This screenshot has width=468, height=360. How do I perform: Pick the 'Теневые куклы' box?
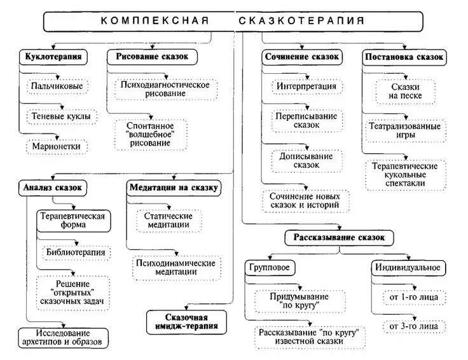pyautogui.click(x=61, y=116)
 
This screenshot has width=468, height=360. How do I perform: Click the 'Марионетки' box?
pyautogui.click(x=57, y=147)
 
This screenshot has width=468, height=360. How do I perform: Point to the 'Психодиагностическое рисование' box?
pyautogui.click(x=165, y=88)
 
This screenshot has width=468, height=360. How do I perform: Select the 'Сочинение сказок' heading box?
pyautogui.click(x=302, y=57)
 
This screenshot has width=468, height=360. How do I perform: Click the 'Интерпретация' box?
pyautogui.click(x=306, y=86)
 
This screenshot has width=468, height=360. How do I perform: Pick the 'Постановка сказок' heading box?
pyautogui.click(x=404, y=57)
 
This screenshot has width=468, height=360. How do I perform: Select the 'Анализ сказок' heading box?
pyautogui.click(x=52, y=188)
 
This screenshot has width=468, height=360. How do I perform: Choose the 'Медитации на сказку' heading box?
pyautogui.click(x=174, y=188)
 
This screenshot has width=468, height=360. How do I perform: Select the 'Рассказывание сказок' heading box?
pyautogui.click(x=340, y=238)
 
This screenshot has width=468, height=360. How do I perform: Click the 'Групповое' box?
pyautogui.click(x=269, y=267)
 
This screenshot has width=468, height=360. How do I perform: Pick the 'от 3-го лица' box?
pyautogui.click(x=410, y=326)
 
